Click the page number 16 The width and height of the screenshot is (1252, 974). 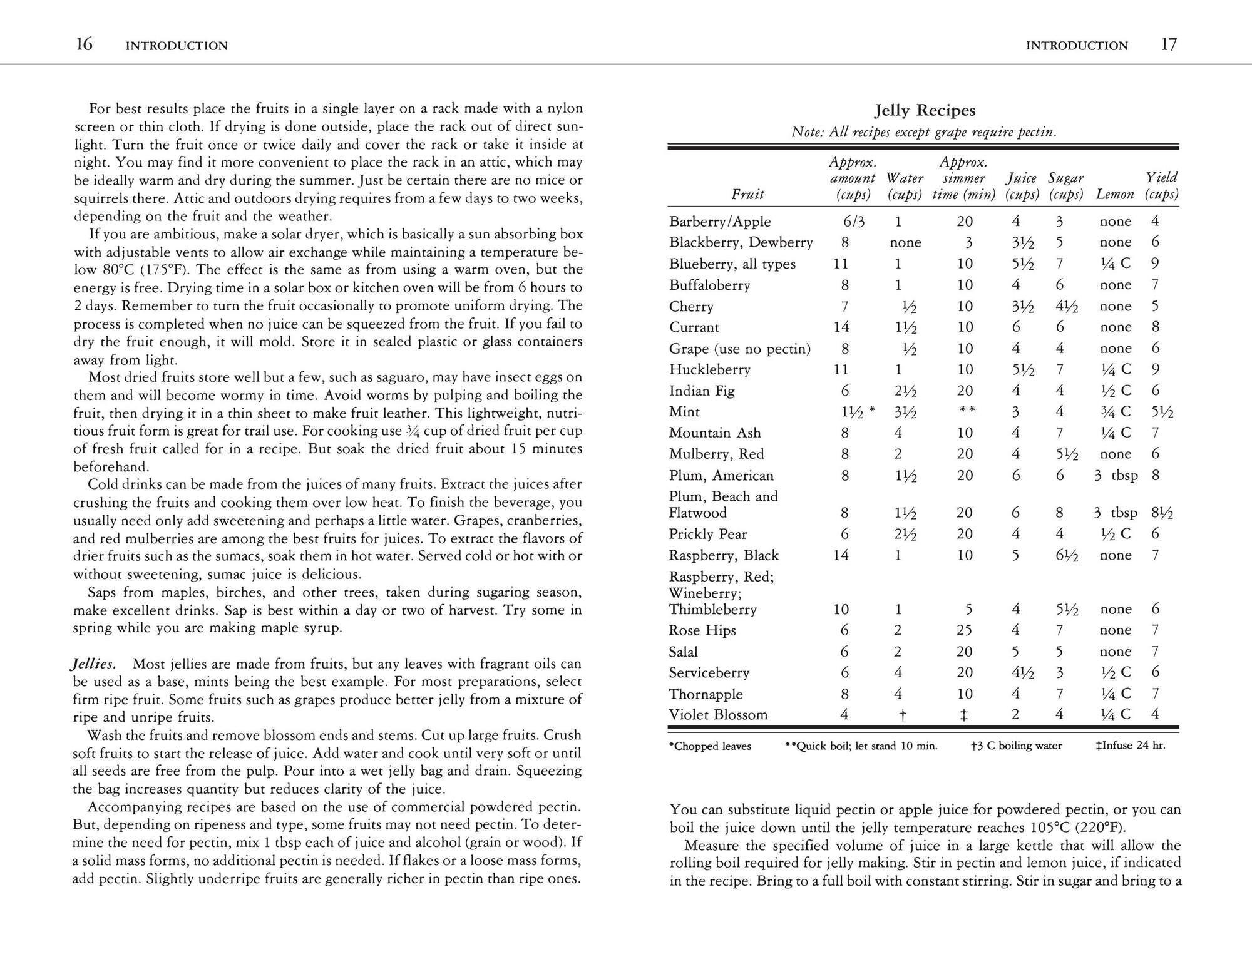pyautogui.click(x=84, y=44)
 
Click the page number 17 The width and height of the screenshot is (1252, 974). pyautogui.click(x=1168, y=44)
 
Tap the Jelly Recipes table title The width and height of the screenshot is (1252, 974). pyautogui.click(x=924, y=111)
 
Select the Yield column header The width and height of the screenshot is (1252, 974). pyautogui.click(x=1161, y=186)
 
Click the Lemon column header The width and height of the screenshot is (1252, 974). pyautogui.click(x=1114, y=195)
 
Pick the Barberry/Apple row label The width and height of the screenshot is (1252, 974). pyautogui.click(x=720, y=222)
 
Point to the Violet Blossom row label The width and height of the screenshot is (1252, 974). pyautogui.click(x=718, y=715)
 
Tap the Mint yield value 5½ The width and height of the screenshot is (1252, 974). pyautogui.click(x=1161, y=412)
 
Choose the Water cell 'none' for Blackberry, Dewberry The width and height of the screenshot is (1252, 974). pyautogui.click(x=905, y=243)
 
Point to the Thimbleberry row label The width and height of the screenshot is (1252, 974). pyautogui.click(x=712, y=610)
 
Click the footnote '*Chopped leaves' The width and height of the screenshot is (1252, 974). pyautogui.click(x=710, y=746)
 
